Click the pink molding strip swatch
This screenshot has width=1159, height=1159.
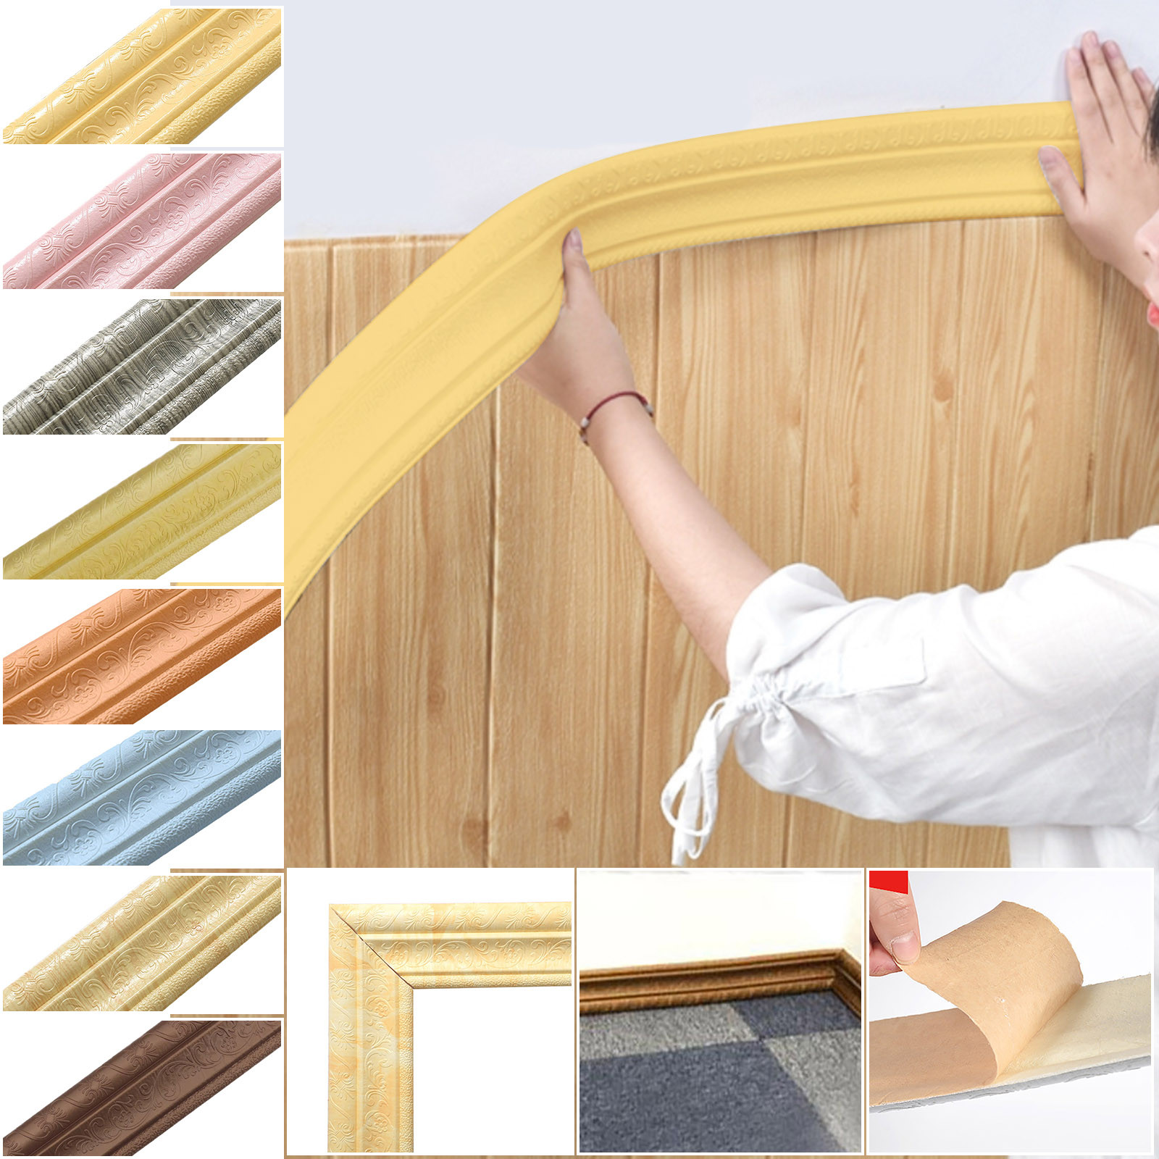[142, 221]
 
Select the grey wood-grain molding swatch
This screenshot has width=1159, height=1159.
[142, 367]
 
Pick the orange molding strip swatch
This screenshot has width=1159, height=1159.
[142, 656]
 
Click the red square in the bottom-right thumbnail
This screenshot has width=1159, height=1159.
[888, 882]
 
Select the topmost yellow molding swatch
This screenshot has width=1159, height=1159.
[142, 76]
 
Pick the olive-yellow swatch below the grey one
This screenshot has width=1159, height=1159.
[142, 511]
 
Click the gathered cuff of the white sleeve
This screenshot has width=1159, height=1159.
[746, 695]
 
